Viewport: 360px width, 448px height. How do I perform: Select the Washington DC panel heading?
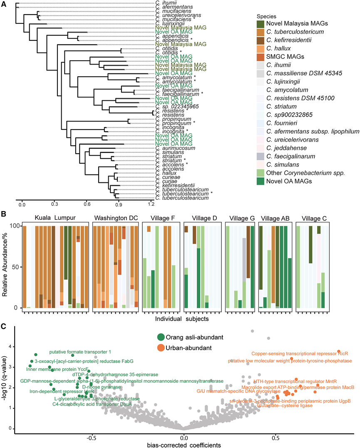click(115, 217)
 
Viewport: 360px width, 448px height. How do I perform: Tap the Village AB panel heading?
click(275, 217)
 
